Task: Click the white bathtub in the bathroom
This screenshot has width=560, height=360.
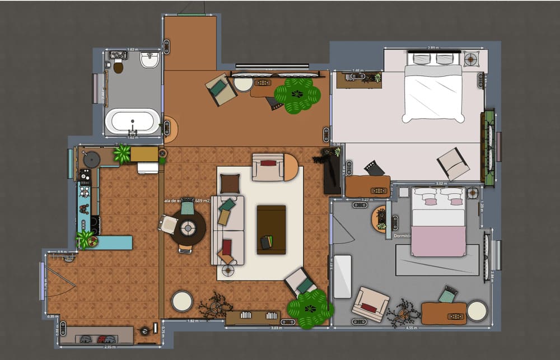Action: (133, 121)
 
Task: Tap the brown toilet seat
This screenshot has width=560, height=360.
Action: (118, 67)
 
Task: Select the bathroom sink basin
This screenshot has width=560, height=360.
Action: (150, 60)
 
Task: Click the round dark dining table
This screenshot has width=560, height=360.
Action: (188, 228)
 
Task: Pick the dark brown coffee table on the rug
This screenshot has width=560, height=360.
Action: (271, 229)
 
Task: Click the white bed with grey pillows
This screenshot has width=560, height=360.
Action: (433, 92)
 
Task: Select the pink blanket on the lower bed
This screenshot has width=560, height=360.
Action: (438, 241)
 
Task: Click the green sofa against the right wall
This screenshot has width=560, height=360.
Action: (488, 148)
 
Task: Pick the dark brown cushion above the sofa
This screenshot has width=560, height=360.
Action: (230, 183)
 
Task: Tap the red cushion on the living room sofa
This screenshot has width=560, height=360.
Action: (227, 247)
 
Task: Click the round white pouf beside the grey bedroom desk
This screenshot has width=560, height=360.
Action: (477, 311)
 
